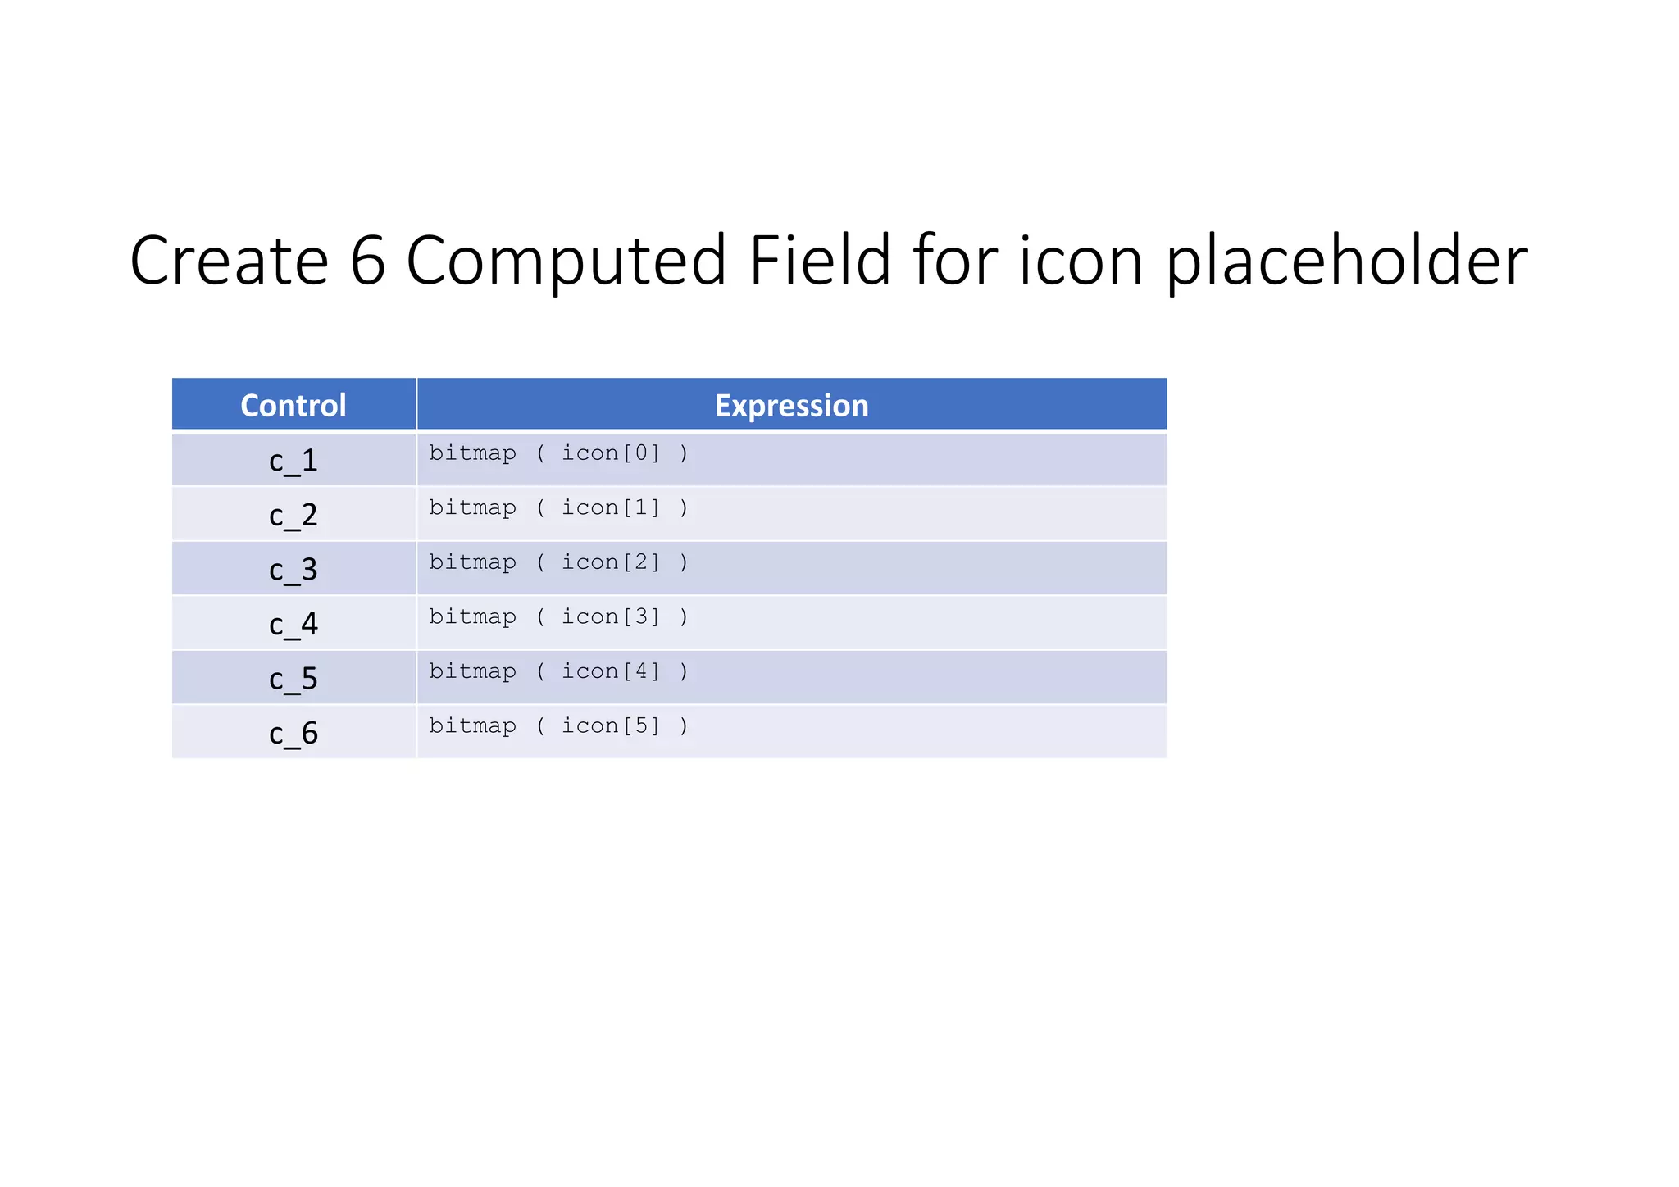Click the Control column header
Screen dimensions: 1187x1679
coord(293,406)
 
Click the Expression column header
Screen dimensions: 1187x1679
coord(791,406)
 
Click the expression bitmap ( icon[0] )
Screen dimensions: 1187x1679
coord(558,453)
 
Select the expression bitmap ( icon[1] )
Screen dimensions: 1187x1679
coord(558,508)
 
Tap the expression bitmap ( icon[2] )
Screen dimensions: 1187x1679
coord(558,562)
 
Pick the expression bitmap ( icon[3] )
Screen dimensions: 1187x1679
coord(558,617)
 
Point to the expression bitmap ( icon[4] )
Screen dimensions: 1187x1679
coord(558,671)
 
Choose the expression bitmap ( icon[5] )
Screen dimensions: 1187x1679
coord(558,726)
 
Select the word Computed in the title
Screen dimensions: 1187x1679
coord(566,262)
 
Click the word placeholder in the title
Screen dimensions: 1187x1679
coord(1346,262)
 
